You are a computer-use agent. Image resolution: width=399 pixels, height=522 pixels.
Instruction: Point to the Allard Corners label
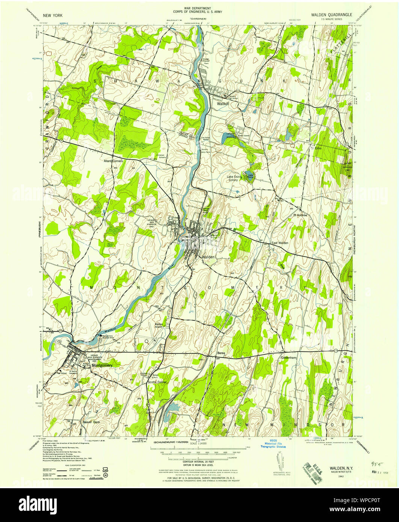click(x=113, y=161)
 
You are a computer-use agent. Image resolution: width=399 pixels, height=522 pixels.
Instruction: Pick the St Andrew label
click(x=300, y=215)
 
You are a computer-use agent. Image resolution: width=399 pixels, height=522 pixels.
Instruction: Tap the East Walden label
click(x=280, y=243)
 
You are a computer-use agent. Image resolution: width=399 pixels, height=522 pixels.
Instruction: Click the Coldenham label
click(x=289, y=358)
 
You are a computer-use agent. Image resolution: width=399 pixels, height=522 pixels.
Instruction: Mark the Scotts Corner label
click(x=157, y=382)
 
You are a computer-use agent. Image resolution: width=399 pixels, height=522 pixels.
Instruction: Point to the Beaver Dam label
click(x=91, y=422)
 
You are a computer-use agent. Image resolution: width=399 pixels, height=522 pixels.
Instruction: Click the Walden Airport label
click(x=159, y=326)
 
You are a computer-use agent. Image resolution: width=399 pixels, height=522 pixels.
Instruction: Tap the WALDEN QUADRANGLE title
click(x=331, y=15)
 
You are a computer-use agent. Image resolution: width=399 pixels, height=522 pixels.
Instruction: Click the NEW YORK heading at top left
click(x=53, y=15)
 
